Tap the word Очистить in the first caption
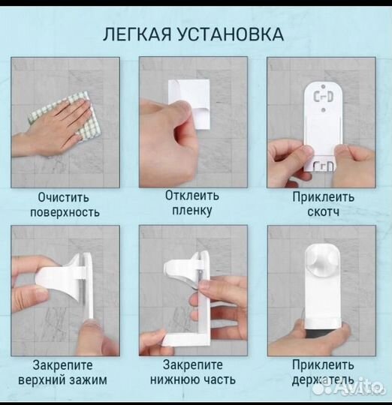pyautogui.click(x=64, y=198)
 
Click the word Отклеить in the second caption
pyautogui.click(x=192, y=195)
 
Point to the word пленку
pyautogui.click(x=192, y=211)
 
